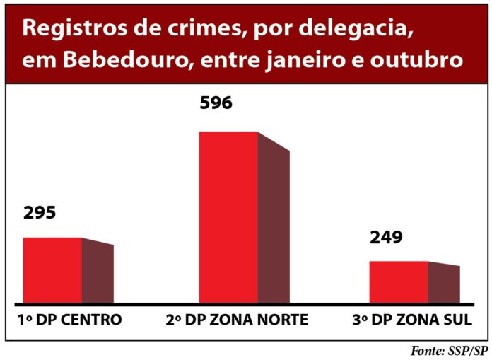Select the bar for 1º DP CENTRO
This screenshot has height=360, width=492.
[x=52, y=271]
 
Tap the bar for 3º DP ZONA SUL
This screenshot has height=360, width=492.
[x=399, y=282]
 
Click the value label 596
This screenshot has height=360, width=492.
[x=216, y=104]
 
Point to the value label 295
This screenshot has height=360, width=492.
[x=40, y=213]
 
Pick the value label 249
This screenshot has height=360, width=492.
[x=386, y=237]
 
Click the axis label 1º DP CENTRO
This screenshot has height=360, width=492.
[x=69, y=320]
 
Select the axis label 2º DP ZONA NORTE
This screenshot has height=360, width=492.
[x=237, y=320]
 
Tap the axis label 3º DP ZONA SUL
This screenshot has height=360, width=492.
[x=411, y=320]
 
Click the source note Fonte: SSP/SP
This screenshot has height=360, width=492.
[x=449, y=351]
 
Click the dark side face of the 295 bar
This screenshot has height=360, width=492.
[x=98, y=273]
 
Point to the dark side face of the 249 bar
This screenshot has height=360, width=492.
[x=444, y=284]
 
